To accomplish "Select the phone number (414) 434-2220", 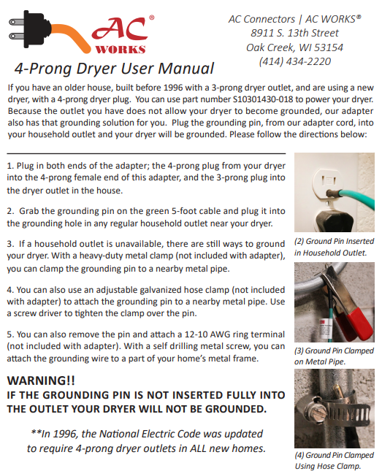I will (294, 61).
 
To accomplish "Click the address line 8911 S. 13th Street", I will (294, 33).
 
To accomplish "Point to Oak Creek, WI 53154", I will (294, 47).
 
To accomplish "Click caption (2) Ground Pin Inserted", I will (334, 241).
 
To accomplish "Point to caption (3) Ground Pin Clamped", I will (334, 351).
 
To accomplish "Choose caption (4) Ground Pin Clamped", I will (334, 455).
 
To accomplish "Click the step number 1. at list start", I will (10, 166).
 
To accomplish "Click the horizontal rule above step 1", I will (146, 153).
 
